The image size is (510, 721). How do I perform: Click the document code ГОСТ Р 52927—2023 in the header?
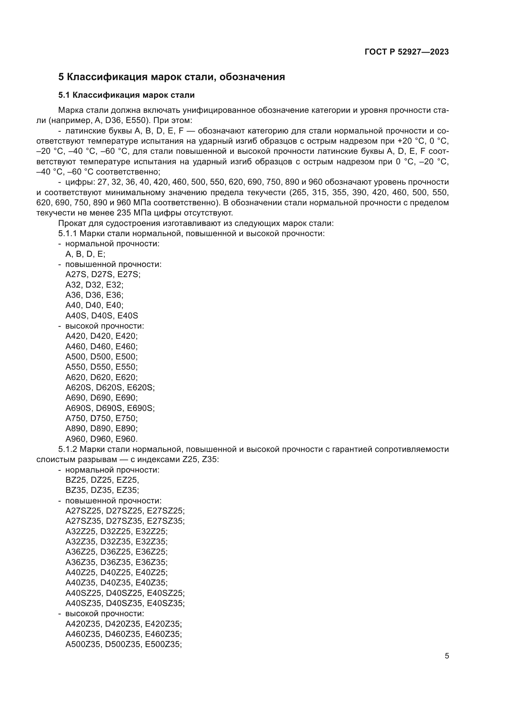point(407,52)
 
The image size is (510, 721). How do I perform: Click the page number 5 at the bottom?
point(447,656)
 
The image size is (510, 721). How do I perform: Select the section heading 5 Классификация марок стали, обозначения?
point(171,77)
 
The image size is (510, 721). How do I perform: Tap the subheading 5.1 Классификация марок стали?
point(126,95)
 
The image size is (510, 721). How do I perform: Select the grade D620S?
point(108,387)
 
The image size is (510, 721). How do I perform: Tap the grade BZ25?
point(75,480)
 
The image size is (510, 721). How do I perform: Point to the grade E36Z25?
point(151,552)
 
